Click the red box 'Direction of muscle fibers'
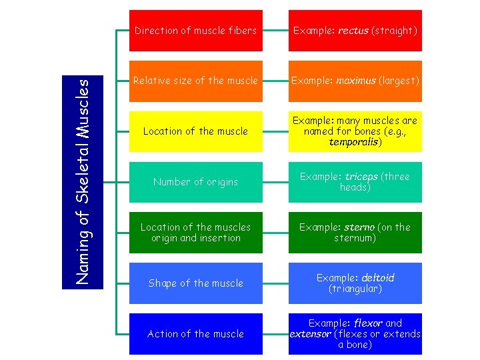coord(195,31)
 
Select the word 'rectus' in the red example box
coord(353,31)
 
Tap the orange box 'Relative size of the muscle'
coord(195,81)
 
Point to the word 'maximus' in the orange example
coord(357,81)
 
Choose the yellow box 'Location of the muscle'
coord(195,131)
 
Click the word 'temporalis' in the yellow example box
coord(354,142)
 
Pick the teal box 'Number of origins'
coord(195,182)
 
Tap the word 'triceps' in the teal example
coord(361,177)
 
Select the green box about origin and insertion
coord(195,233)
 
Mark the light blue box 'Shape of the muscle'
coord(195,283)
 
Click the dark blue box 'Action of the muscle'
coord(195,334)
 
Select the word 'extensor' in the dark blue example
coord(310,334)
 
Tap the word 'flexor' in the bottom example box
coord(367,323)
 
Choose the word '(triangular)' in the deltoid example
coord(355,289)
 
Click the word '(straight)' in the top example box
coord(394,31)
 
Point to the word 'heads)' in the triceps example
coord(355,187)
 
